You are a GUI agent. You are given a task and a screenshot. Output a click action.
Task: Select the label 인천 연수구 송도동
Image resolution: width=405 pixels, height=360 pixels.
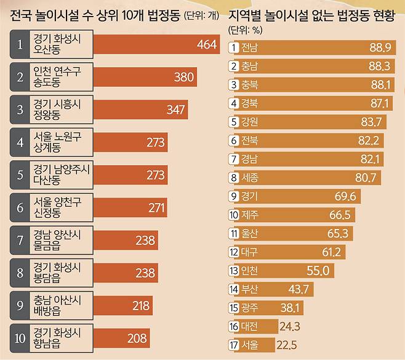tap(57, 77)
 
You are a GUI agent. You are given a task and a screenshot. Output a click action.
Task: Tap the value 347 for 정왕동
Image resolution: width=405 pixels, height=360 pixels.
tap(176, 110)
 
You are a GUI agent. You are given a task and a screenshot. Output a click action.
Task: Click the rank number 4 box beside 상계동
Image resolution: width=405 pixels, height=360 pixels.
tap(20, 142)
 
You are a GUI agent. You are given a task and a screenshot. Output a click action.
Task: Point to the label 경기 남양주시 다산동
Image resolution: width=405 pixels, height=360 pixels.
tap(61, 175)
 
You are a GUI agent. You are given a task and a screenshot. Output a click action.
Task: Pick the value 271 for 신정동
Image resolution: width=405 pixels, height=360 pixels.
tap(157, 207)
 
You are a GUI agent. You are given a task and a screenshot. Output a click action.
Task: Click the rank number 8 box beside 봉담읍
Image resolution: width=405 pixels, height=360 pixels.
tap(20, 273)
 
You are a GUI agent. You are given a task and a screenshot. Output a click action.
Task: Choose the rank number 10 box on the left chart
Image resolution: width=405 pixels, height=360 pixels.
tap(20, 338)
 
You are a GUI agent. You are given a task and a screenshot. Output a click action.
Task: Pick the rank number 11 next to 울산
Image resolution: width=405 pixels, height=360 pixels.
tap(234, 233)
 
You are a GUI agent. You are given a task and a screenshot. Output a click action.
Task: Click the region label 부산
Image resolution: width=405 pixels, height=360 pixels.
tap(250, 289)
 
